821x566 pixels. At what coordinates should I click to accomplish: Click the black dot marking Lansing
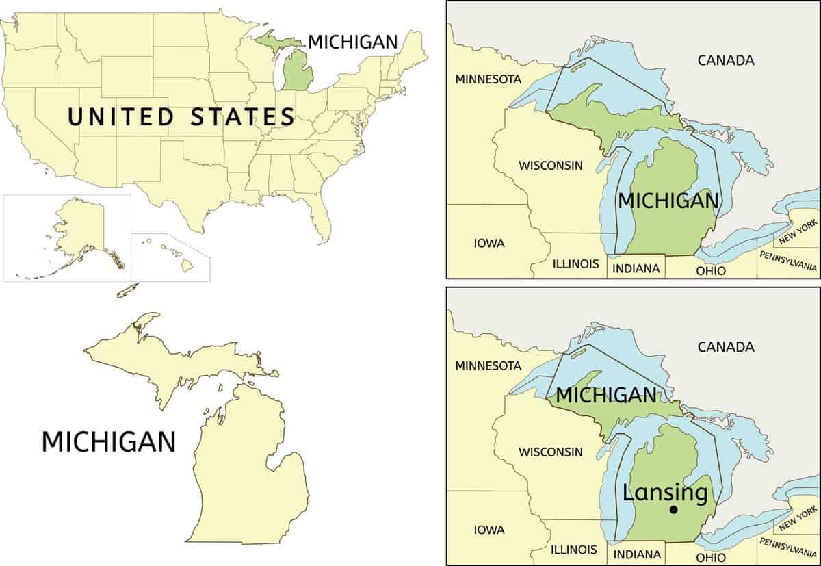click(x=673, y=509)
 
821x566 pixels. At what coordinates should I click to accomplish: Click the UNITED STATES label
click(x=181, y=116)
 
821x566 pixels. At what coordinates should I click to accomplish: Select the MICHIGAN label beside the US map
click(x=352, y=42)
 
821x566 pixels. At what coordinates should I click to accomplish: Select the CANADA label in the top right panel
click(x=726, y=60)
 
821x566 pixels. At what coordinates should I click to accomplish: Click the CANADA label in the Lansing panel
click(x=726, y=347)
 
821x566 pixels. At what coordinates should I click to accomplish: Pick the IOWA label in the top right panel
click(x=489, y=243)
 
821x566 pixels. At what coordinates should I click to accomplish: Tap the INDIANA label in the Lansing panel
click(x=636, y=554)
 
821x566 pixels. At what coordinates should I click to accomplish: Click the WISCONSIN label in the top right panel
click(x=550, y=165)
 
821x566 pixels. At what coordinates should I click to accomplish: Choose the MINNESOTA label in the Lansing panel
click(x=488, y=365)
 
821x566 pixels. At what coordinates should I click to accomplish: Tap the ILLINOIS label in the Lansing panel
click(x=575, y=550)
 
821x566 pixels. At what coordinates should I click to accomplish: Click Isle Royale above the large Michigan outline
click(x=128, y=290)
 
